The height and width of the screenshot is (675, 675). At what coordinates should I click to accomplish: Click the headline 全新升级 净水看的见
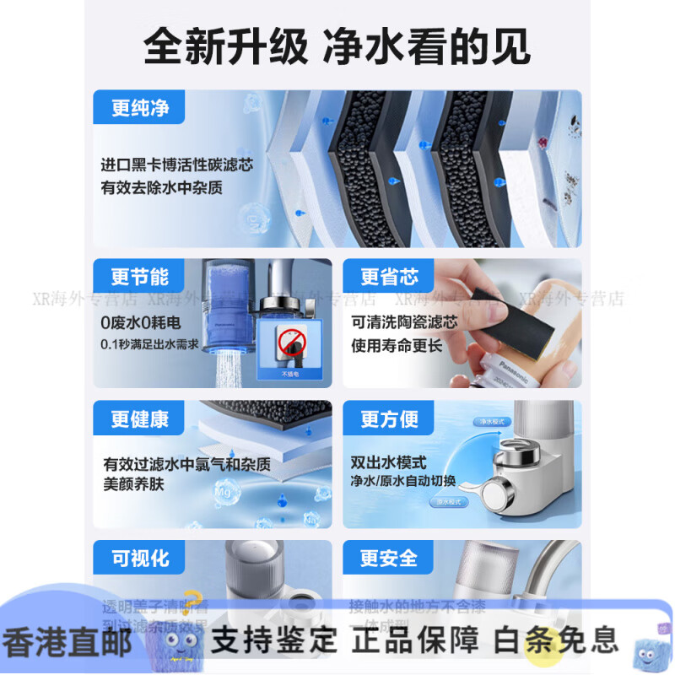click(337, 47)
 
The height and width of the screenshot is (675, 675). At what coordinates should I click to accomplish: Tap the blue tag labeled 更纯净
click(140, 109)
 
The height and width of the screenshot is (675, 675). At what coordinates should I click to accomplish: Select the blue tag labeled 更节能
click(140, 276)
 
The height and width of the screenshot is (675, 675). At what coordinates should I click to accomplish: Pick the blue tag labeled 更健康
click(140, 418)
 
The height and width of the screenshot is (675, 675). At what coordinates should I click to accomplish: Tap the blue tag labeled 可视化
click(140, 558)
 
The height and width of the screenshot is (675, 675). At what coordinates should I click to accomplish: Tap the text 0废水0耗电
click(140, 322)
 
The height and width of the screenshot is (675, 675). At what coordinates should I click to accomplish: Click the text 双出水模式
click(389, 462)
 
